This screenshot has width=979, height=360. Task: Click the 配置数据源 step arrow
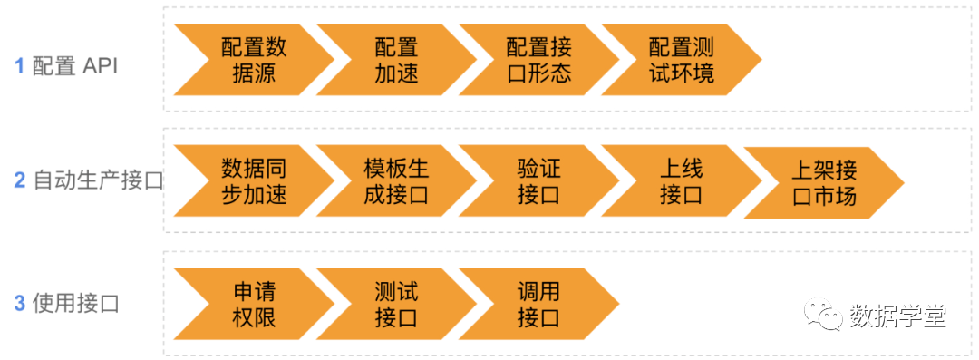253,60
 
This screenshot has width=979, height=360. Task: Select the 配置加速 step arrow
396,60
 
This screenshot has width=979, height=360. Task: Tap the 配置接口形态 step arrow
538,60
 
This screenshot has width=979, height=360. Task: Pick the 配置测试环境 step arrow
682,60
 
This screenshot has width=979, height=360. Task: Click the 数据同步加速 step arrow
253,181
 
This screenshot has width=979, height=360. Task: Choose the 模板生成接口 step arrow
396,181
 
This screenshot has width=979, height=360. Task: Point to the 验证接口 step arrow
538,181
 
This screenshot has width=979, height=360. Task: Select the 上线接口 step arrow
682,181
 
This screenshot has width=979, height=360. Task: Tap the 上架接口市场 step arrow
824,182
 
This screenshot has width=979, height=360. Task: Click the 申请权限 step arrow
253,304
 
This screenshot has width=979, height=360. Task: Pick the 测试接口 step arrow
396,304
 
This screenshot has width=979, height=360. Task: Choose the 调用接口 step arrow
538,304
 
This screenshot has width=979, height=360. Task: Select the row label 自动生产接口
98,180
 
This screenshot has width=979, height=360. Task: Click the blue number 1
19,66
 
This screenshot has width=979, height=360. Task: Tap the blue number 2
19,180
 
